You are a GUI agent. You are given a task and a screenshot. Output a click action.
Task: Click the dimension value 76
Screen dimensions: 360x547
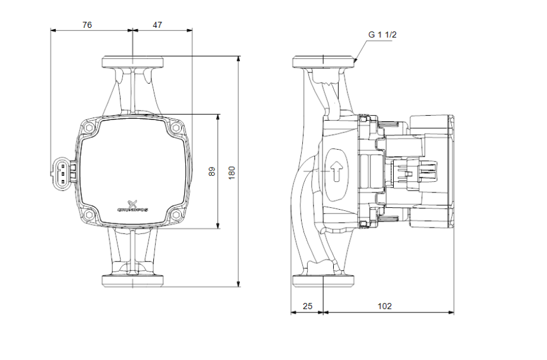point(87,25)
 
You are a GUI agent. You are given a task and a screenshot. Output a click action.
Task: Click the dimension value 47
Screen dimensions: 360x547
point(157,25)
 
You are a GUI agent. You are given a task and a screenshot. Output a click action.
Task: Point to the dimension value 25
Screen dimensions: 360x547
point(307,306)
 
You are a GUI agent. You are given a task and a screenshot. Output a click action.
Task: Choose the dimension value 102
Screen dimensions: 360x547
point(385,306)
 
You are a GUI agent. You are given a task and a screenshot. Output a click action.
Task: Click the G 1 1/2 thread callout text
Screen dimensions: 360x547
point(382,35)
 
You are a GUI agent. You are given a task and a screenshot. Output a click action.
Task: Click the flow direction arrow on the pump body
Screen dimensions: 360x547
point(337,172)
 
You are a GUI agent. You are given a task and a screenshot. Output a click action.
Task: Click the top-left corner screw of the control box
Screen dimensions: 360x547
point(89,128)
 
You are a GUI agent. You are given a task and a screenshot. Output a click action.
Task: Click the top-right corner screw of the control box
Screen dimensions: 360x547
point(176,128)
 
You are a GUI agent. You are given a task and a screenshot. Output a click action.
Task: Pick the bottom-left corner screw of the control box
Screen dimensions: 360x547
point(89,215)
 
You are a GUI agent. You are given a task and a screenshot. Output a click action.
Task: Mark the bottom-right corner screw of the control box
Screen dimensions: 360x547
point(176,215)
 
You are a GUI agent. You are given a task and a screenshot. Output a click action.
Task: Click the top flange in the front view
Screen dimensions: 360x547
point(132,62)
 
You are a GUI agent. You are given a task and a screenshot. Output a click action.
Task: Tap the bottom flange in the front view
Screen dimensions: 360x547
point(132,281)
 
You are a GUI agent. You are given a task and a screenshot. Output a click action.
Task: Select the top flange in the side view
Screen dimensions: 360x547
point(324,62)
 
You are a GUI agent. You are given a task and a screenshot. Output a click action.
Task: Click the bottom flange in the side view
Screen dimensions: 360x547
point(324,281)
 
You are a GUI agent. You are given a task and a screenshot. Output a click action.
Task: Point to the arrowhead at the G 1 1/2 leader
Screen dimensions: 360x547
point(355,59)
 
